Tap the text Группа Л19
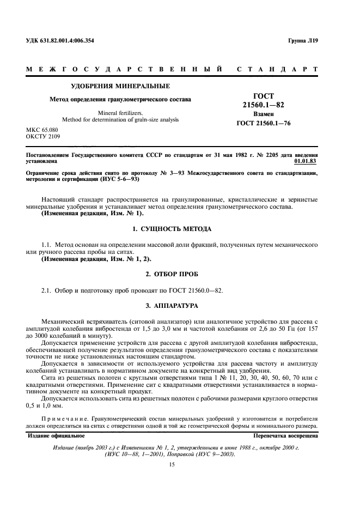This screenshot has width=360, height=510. (x=302, y=41)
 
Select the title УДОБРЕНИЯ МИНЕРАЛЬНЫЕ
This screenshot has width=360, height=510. (x=121, y=86)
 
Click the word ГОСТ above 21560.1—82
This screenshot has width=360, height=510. (x=264, y=95)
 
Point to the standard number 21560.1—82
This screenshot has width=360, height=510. (x=264, y=104)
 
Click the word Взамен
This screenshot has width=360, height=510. (x=264, y=115)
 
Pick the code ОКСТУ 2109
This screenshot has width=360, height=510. (x=43, y=137)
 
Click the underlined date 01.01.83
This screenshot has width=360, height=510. (x=304, y=161)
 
